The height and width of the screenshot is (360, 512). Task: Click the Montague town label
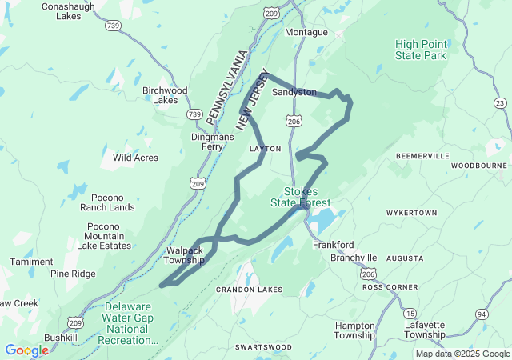coord(306,32)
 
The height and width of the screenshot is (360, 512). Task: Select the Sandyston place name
coord(294,92)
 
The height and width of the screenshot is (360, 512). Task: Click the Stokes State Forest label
coord(306,197)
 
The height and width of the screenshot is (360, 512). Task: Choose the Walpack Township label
coord(184,255)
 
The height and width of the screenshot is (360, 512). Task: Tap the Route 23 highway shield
coord(500,102)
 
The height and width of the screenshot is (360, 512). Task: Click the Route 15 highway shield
coord(410,313)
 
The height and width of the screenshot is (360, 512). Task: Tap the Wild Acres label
coord(135,158)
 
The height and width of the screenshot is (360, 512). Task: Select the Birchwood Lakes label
coord(165,95)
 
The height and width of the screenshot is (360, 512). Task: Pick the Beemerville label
coord(422,154)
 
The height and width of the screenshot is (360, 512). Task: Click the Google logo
coord(26,350)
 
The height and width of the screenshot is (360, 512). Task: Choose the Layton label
coord(265,150)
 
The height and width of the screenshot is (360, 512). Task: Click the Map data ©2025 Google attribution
coord(462,354)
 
